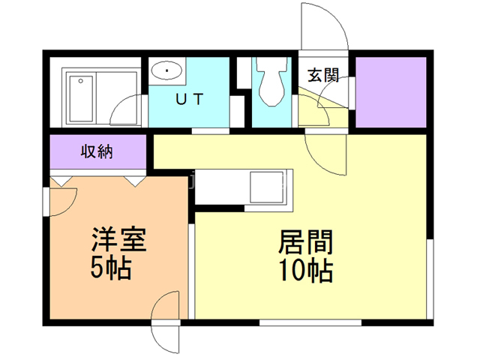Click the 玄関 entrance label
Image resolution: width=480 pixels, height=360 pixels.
(x=323, y=75)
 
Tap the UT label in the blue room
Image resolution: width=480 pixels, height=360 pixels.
(x=190, y=99)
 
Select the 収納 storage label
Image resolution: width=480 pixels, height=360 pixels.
(x=97, y=151)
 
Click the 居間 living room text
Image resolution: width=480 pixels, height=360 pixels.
(x=305, y=241)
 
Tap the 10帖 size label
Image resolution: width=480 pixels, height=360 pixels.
(x=306, y=270)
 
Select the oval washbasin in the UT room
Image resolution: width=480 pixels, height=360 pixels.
(x=166, y=70)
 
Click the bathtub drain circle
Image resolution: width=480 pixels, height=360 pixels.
(x=80, y=81)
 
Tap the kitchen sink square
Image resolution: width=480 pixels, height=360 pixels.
(x=267, y=187)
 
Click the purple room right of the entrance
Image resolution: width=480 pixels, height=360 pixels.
(x=391, y=92)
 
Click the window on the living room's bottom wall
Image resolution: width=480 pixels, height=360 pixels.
(x=310, y=322)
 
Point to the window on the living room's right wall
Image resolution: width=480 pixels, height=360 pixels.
(x=430, y=279)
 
